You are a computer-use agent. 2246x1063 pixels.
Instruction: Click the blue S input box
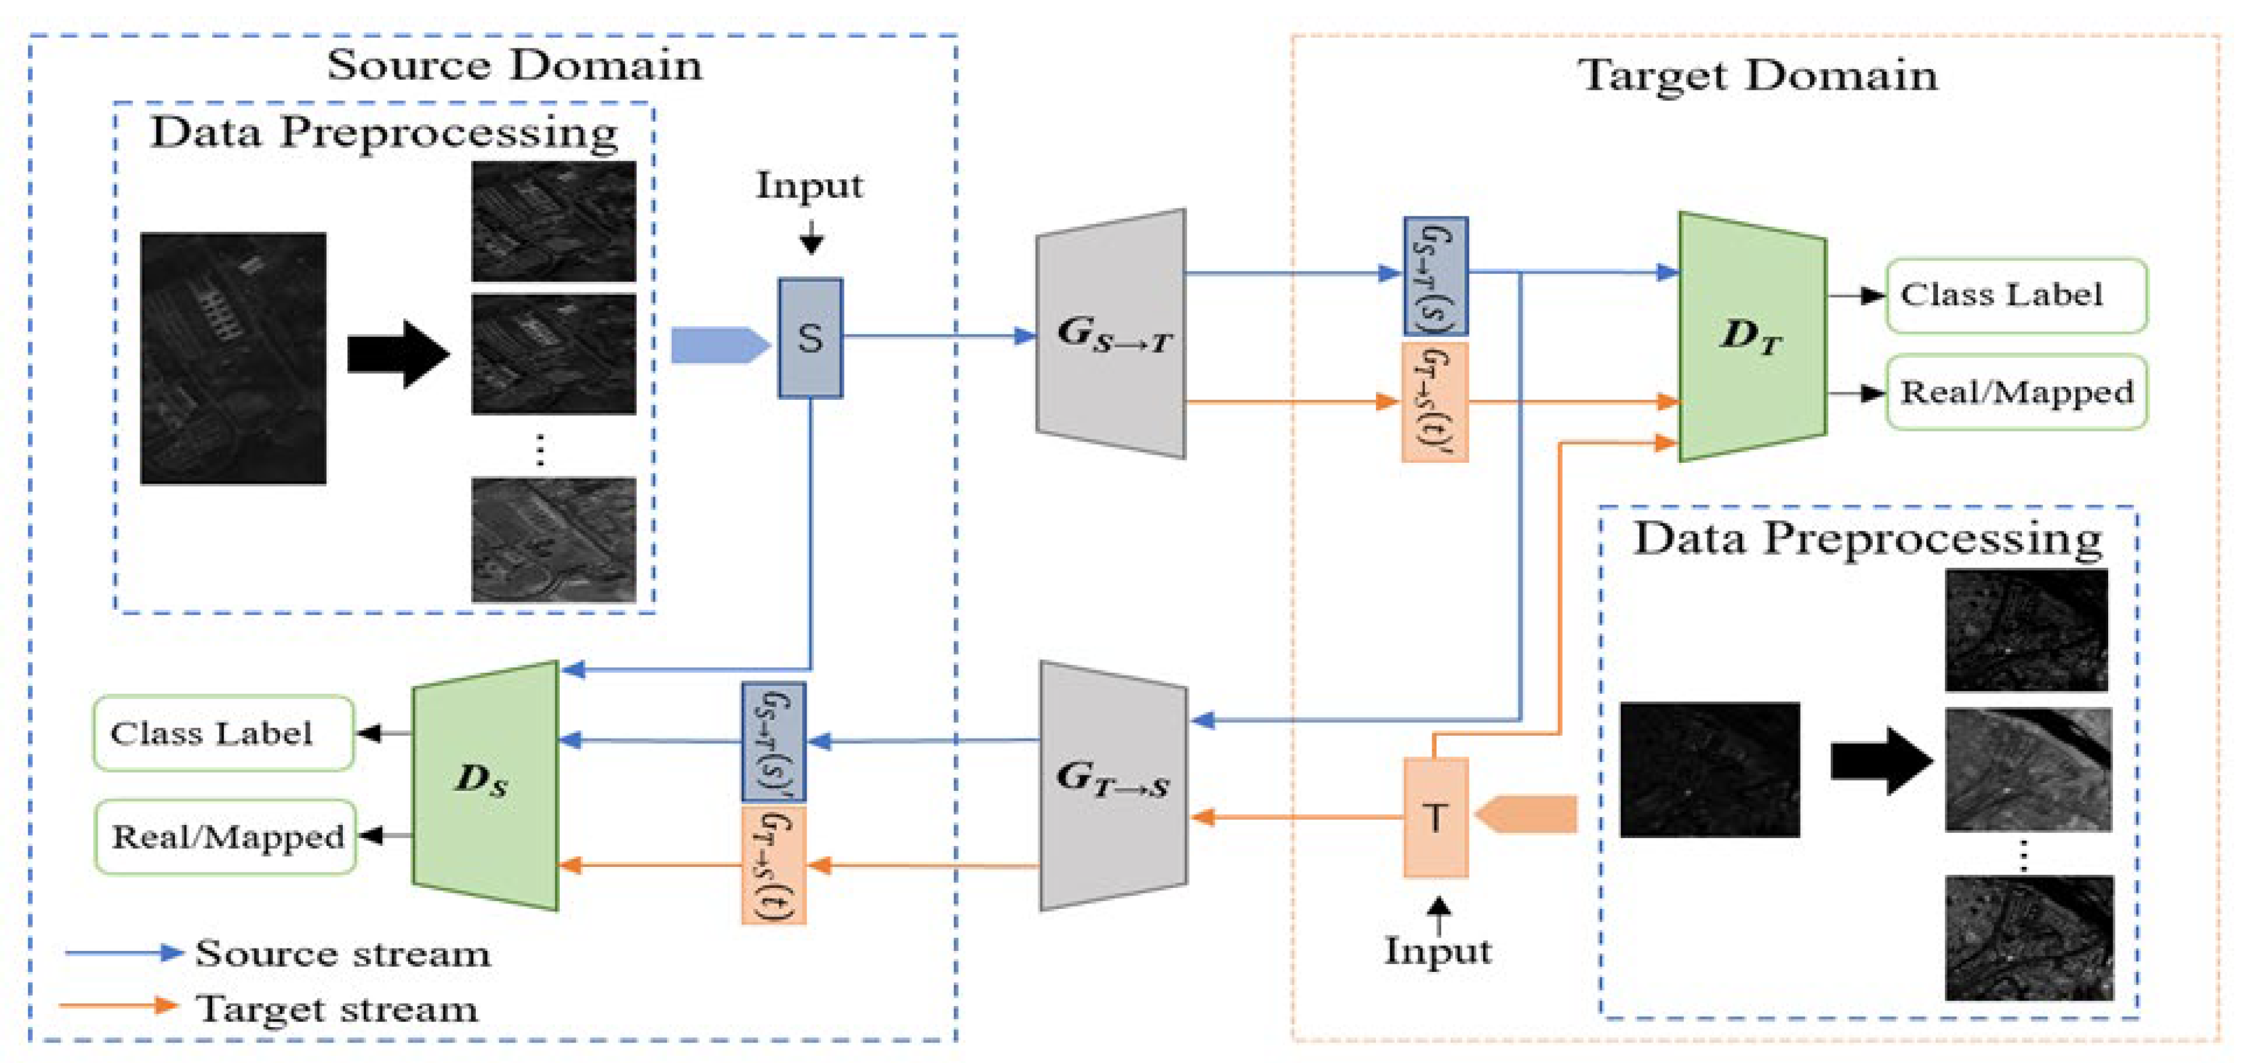(x=810, y=338)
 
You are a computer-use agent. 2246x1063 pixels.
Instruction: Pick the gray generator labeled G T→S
(x=1113, y=785)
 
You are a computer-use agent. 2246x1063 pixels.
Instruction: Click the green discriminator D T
(x=1752, y=336)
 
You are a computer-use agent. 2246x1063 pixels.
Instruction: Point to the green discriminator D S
(x=485, y=785)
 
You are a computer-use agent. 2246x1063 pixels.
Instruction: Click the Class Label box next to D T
(x=2015, y=295)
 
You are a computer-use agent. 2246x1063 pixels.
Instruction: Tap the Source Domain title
(x=514, y=65)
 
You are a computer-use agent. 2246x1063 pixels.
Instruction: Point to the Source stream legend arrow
(x=124, y=952)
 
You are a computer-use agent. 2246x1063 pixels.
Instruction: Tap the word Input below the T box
(x=1438, y=950)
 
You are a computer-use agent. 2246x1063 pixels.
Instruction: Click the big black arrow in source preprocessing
(x=397, y=353)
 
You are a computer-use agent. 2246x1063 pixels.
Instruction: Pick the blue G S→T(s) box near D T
(x=1435, y=276)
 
